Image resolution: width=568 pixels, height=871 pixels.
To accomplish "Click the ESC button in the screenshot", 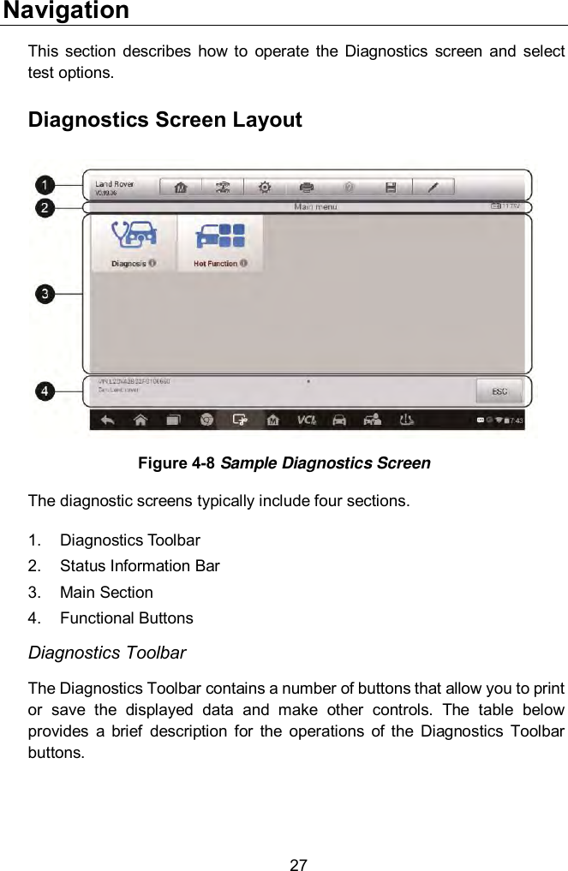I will click(499, 391).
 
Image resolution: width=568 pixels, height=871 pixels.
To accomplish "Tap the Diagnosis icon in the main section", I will click(133, 242).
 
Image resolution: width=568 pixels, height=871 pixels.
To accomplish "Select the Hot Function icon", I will click(220, 242).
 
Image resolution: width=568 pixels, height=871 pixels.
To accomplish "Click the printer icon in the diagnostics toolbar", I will click(307, 188).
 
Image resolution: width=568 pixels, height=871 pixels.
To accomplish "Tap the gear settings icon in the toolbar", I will click(265, 188).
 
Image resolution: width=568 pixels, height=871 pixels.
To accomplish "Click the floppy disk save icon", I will click(391, 188).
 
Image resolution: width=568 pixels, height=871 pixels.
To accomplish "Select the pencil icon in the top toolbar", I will click(433, 188).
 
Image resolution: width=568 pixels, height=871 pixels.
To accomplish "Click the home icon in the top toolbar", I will click(181, 188).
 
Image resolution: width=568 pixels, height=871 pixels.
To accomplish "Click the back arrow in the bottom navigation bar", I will click(108, 420).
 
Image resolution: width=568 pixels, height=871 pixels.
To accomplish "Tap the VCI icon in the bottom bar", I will click(306, 420).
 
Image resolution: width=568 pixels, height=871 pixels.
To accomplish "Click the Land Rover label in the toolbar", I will click(114, 184).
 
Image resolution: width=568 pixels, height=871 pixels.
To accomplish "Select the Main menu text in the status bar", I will click(315, 206).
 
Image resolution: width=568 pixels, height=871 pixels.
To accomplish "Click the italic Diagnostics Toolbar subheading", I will click(107, 653).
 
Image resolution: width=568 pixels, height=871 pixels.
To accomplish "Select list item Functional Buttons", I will click(126, 617).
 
